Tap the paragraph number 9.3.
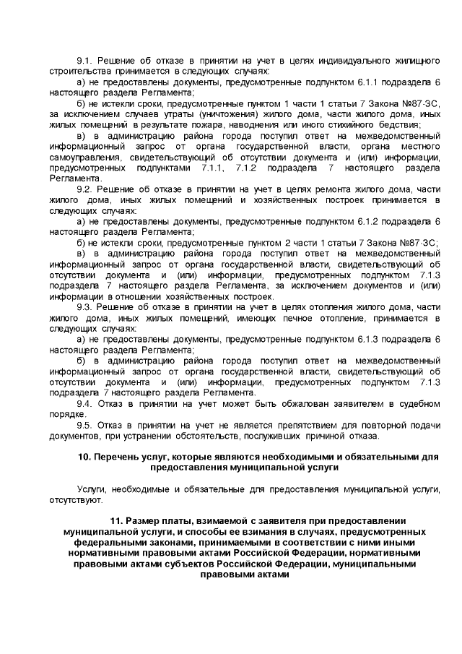(85, 307)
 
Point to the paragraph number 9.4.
(85, 403)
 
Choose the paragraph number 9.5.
(85, 426)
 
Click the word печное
(277, 317)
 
